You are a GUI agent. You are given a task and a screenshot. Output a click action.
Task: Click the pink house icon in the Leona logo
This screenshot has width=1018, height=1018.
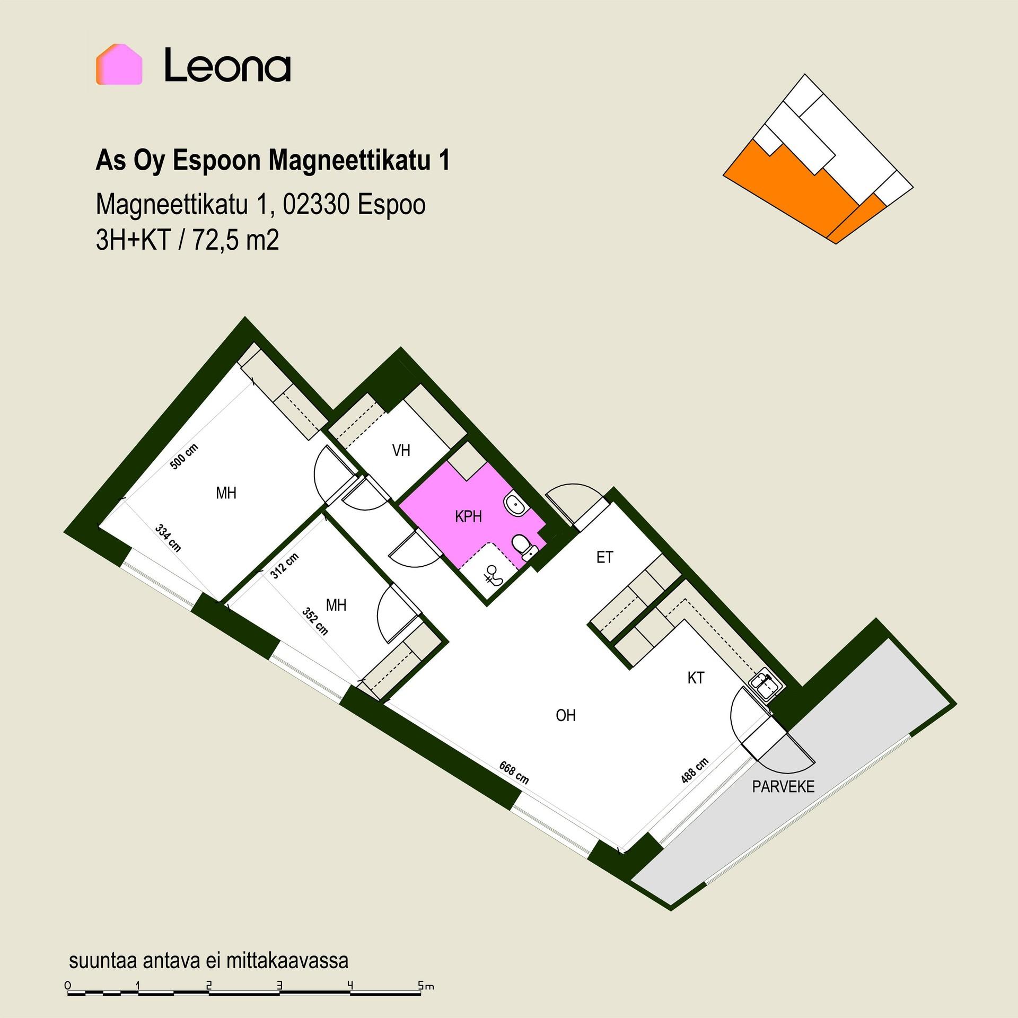[x=119, y=64]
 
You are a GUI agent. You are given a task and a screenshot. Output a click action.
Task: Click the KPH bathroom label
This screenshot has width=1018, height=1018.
[x=468, y=516]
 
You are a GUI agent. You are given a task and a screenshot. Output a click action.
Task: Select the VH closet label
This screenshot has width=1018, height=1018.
[x=401, y=451]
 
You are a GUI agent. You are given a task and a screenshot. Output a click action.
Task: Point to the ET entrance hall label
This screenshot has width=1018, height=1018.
[x=604, y=557]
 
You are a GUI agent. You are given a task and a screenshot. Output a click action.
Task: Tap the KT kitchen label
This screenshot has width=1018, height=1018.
[x=696, y=678]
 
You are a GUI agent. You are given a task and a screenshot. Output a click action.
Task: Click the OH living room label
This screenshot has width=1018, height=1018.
[x=566, y=715]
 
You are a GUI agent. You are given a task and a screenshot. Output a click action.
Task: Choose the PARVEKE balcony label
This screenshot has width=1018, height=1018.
[x=783, y=786]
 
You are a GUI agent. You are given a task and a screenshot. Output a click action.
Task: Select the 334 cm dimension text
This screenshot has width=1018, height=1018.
[x=168, y=538]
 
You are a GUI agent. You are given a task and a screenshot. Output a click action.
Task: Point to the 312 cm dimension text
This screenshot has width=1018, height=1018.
[x=284, y=566]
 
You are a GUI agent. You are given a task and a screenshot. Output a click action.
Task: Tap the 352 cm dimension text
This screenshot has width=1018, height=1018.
[x=315, y=621]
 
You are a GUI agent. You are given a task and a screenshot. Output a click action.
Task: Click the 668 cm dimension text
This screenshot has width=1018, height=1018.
[x=514, y=773]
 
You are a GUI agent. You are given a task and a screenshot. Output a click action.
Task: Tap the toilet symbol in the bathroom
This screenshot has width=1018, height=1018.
[x=523, y=546]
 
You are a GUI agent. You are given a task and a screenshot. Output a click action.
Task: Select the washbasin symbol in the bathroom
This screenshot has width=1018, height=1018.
[x=514, y=504]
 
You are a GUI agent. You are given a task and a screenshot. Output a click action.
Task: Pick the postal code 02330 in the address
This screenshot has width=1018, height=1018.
[x=316, y=205]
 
